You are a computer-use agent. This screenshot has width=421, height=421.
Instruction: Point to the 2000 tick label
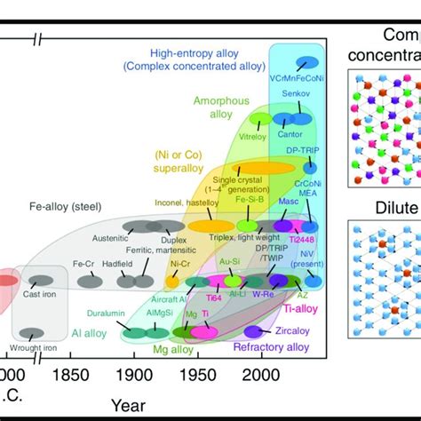(260, 376)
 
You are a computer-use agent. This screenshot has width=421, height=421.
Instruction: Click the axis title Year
(130, 405)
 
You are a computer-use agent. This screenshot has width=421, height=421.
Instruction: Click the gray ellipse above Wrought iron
(32, 332)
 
